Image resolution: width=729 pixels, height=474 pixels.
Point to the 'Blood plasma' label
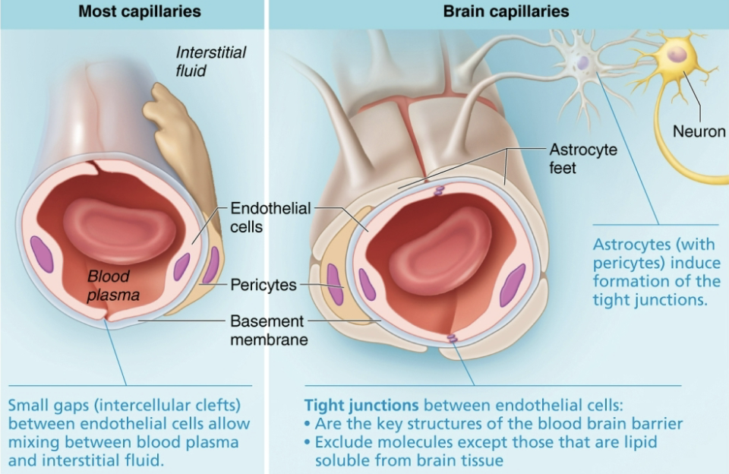point(113,285)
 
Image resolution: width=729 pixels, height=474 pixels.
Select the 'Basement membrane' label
point(269,330)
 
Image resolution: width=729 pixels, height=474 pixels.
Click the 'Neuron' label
point(699,131)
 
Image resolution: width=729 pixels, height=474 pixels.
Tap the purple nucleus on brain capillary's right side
point(512,285)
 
